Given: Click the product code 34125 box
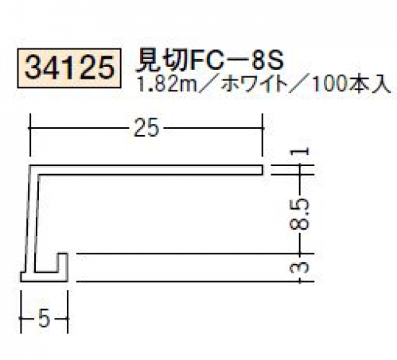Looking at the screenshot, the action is point(69,68).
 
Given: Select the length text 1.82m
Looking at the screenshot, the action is point(166,84).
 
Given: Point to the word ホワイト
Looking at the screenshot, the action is point(255,85).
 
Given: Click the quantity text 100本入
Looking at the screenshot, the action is point(351,85).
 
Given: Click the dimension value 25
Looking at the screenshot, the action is point(146,128).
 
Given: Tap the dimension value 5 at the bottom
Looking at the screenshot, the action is point(44,318).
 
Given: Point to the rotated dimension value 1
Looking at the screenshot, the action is point(300,152).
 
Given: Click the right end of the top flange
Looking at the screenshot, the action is point(263,170).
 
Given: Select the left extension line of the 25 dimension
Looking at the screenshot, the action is point(30,135).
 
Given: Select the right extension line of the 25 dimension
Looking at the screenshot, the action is point(263,135).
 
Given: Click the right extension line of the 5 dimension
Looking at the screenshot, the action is point(68,312).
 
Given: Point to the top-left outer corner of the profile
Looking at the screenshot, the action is point(30,165).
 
